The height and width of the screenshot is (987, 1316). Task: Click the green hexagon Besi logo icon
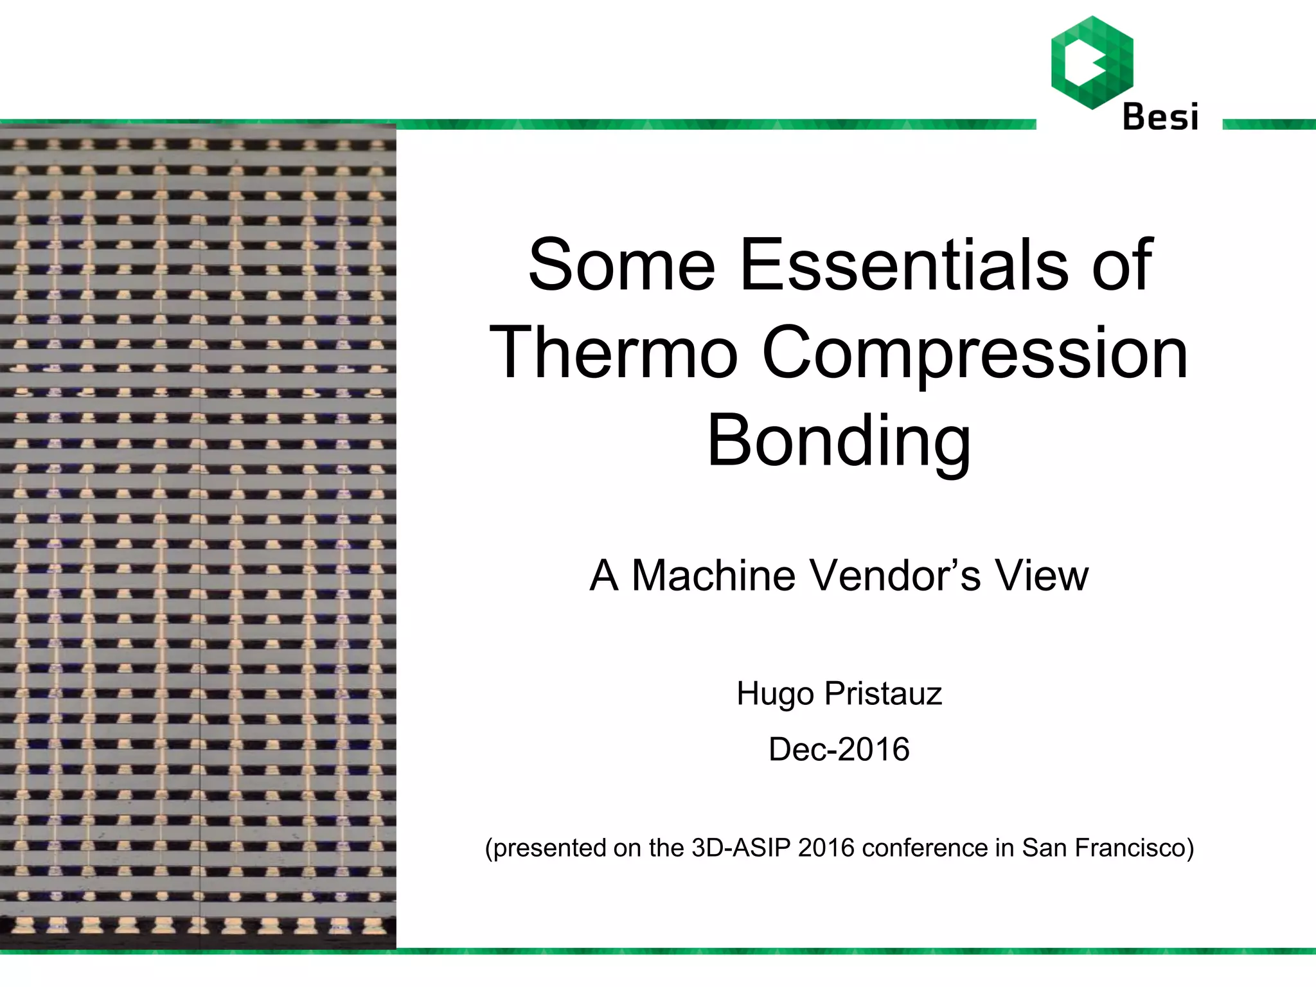pos(1092,62)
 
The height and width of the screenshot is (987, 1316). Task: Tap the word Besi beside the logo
pos(1160,117)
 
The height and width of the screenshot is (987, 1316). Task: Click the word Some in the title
pos(621,264)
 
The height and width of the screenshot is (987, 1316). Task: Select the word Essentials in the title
pos(904,264)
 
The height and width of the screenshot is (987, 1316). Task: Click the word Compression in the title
pos(975,354)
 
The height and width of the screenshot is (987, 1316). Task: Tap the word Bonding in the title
pos(839,442)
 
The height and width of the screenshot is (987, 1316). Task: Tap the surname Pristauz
pos(884,693)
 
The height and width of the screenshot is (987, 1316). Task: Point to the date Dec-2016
pos(839,749)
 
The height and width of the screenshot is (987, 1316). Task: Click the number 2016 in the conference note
pos(826,848)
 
